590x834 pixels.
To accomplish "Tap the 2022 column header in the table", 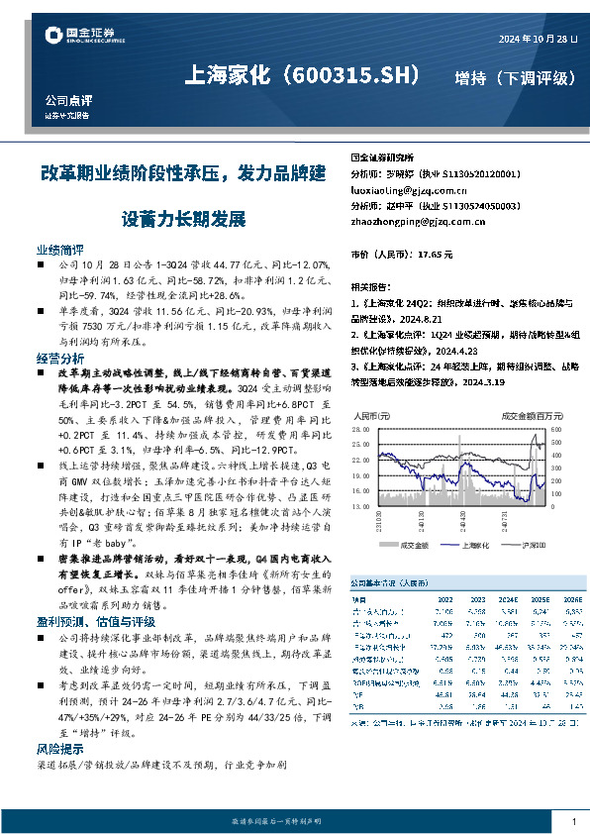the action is click(x=444, y=599).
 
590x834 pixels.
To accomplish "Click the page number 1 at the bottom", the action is click(x=573, y=821).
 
